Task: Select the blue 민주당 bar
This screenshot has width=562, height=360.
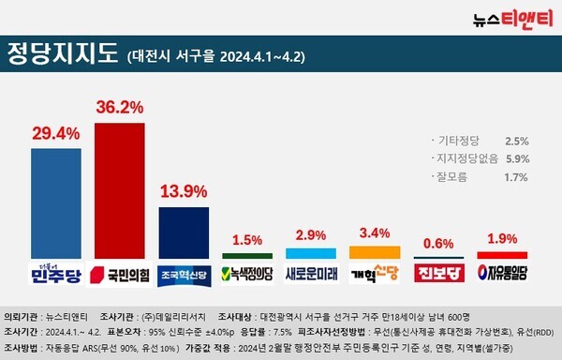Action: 55,202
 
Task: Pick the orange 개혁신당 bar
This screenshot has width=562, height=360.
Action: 374,252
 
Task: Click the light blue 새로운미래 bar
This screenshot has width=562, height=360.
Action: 310,253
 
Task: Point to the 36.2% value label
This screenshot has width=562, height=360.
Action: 119,109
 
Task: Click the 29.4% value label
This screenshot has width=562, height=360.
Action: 55,134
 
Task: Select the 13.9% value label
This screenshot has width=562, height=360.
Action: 183,191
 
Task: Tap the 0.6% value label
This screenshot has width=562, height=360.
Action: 437,242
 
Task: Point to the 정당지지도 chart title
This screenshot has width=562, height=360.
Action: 62,52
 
